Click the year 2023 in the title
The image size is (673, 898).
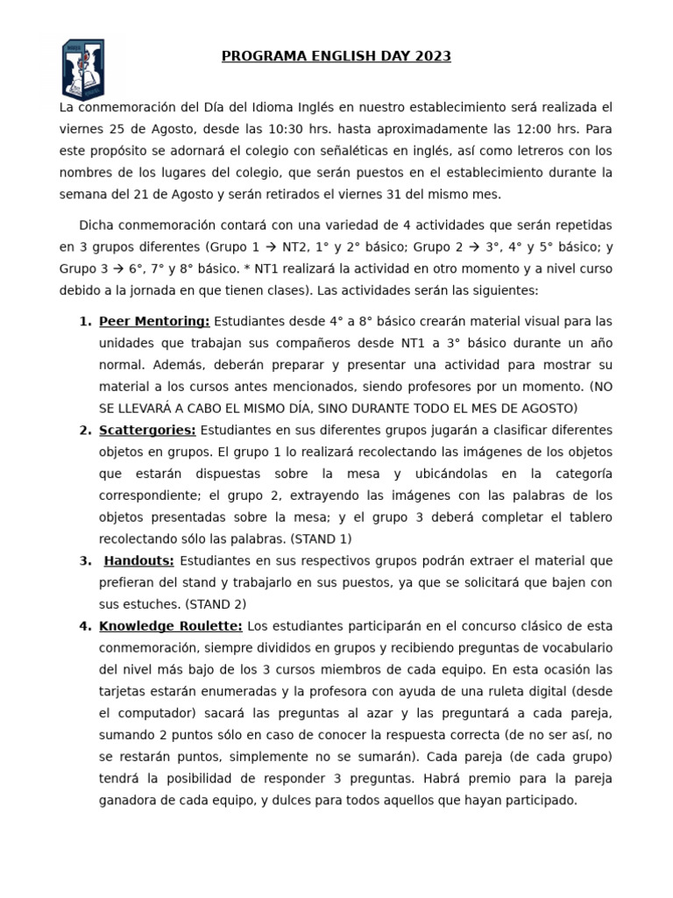(433, 57)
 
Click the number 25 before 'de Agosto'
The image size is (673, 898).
(120, 129)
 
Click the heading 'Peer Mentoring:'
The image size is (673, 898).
(154, 321)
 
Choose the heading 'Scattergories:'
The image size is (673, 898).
(147, 430)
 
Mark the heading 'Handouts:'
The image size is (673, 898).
(139, 560)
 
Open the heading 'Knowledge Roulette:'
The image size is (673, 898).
(171, 625)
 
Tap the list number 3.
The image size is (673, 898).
(84, 560)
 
